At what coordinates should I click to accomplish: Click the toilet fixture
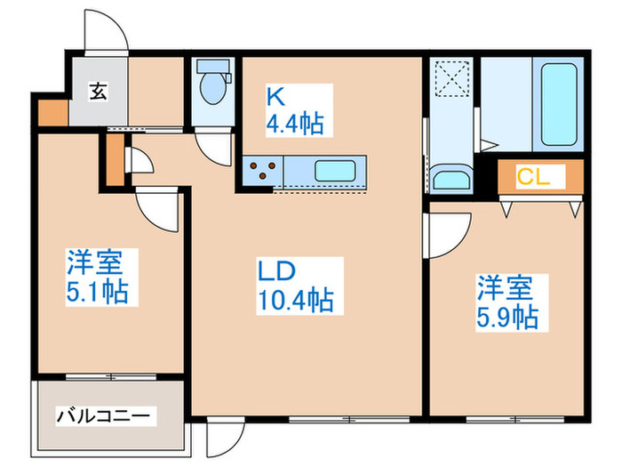pyautogui.click(x=213, y=85)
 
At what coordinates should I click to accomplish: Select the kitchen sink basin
pyautogui.click(x=338, y=170)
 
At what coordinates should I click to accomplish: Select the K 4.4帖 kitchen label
pyautogui.click(x=294, y=109)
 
